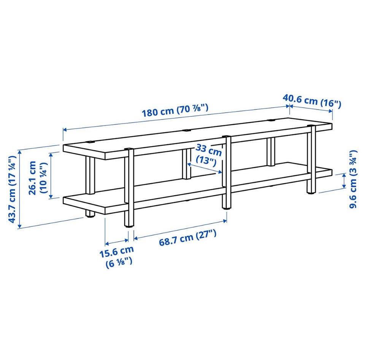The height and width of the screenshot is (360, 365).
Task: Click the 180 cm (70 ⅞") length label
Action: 175,110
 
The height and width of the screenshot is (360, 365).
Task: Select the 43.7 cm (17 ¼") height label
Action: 12,189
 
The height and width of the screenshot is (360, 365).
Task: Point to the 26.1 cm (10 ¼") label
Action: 38,178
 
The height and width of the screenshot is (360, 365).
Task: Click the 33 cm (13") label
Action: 208,154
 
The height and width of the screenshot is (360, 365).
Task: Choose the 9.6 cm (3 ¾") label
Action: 353,179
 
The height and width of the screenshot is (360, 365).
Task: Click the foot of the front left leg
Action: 129,225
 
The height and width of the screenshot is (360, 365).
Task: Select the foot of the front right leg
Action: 311,192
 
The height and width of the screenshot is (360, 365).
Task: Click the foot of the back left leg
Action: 90,215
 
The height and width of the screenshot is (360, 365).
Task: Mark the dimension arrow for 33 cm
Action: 205,168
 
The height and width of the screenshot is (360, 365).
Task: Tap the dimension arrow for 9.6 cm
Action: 344,181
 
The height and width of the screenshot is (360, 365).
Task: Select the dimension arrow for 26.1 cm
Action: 51,175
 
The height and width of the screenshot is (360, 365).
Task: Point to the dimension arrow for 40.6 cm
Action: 311,108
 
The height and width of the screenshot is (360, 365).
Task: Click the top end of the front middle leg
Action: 226,137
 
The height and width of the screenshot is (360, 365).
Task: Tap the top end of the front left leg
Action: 129,149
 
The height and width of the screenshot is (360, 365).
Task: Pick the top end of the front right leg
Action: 311,126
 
